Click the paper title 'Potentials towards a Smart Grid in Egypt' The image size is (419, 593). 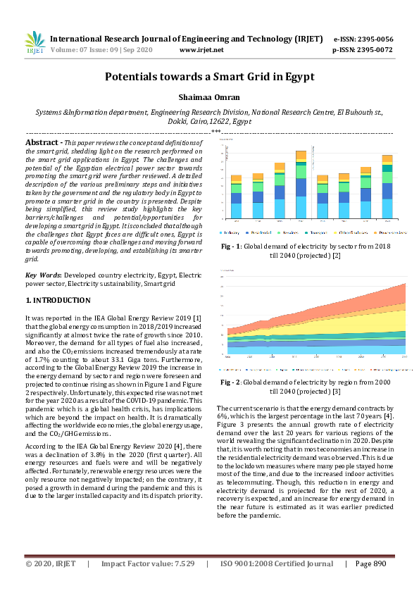[209, 77]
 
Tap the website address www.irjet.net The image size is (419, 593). [201, 51]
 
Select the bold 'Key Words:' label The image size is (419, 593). [42, 274]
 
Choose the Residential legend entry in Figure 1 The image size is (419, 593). [261, 231]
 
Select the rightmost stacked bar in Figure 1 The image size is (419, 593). [387, 187]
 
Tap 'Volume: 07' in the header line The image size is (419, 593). [69, 51]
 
